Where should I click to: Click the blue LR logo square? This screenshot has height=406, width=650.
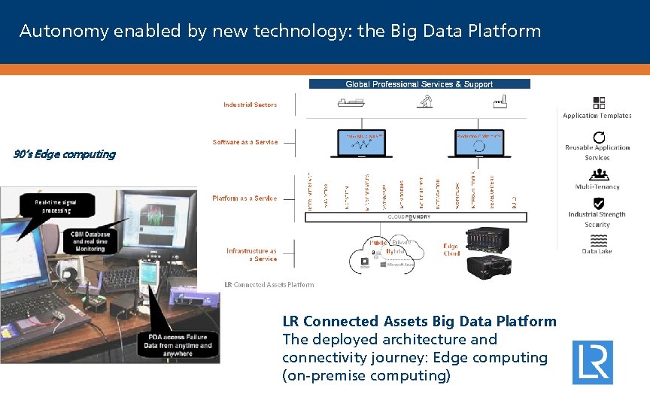pyautogui.click(x=592, y=362)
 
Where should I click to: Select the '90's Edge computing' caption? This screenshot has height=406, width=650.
pyautogui.click(x=65, y=154)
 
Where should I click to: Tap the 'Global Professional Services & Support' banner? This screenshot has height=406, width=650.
pyautogui.click(x=419, y=84)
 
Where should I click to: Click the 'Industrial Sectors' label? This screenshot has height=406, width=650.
pyautogui.click(x=250, y=105)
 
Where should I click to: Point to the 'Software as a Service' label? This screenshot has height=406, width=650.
pyautogui.click(x=245, y=142)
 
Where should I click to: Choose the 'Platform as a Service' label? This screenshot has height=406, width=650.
pyautogui.click(x=245, y=198)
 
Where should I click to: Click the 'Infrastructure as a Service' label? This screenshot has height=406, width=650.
pyautogui.click(x=252, y=255)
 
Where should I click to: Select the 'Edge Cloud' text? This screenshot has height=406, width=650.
pyautogui.click(x=451, y=250)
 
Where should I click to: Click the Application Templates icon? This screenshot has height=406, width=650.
pyautogui.click(x=599, y=103)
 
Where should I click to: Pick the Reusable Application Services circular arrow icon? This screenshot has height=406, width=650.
pyautogui.click(x=599, y=138)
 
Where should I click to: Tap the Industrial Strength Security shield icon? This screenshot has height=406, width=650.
pyautogui.click(x=599, y=203)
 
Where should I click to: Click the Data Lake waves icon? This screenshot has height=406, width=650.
pyautogui.click(x=599, y=241)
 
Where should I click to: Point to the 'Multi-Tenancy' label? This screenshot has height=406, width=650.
pyautogui.click(x=597, y=186)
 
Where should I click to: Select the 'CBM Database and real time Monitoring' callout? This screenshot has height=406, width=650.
pyautogui.click(x=91, y=241)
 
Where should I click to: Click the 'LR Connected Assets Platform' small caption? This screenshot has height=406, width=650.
pyautogui.click(x=269, y=284)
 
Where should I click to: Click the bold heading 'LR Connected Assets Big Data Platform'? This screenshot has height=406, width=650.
pyautogui.click(x=419, y=321)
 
